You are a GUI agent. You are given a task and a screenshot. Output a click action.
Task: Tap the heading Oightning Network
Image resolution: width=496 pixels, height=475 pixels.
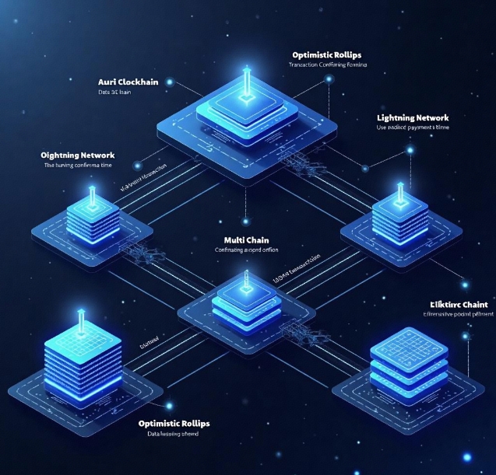(x=83, y=155)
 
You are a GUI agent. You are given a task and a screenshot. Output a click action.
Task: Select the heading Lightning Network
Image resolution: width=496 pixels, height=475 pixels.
(x=412, y=117)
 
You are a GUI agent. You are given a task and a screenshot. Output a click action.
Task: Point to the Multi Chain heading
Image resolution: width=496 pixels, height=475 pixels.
(x=247, y=239)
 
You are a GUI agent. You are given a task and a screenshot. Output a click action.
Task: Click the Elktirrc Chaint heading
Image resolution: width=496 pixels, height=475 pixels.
(x=459, y=304)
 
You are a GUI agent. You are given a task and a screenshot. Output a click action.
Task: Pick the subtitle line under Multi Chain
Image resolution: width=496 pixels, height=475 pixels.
(x=247, y=250)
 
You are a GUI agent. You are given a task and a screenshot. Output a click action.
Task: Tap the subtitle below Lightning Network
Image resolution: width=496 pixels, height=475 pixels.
(x=412, y=127)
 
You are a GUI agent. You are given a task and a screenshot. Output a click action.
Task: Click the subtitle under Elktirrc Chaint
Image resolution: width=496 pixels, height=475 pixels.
(x=459, y=316)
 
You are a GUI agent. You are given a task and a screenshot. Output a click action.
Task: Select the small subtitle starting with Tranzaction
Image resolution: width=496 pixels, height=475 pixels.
(x=328, y=65)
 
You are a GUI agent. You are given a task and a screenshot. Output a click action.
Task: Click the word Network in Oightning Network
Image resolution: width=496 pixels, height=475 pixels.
(x=104, y=155)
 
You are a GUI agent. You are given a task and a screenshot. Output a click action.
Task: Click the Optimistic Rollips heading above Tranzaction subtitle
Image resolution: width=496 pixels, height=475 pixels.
(x=328, y=54)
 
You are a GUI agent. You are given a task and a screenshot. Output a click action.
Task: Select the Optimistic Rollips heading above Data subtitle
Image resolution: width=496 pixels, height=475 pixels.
(x=174, y=423)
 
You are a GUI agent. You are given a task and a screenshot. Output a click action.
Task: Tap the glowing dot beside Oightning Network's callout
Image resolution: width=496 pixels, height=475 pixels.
(x=138, y=165)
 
